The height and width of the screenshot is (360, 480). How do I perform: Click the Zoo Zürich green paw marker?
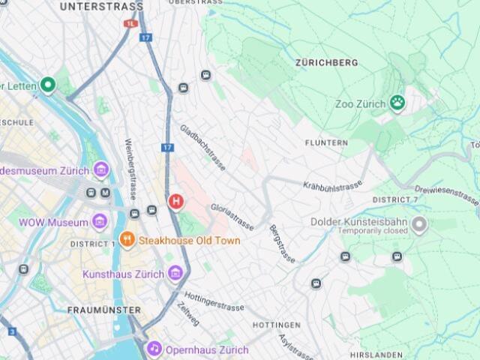pos(397,103)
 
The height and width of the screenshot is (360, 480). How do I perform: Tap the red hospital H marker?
pos(175,201)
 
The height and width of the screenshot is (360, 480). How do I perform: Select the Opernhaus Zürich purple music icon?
pos(154,349)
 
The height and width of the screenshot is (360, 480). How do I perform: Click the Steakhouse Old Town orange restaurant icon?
pos(127,240)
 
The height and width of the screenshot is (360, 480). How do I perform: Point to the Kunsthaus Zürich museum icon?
pos(175,274)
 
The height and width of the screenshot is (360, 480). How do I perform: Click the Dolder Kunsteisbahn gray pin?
pos(419,223)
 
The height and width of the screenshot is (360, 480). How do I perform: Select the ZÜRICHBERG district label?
pos(326,63)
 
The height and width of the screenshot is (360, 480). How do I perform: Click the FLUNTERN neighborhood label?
pos(326,142)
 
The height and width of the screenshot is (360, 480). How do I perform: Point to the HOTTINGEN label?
pos(276,325)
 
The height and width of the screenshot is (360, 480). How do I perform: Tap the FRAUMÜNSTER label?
pos(103,310)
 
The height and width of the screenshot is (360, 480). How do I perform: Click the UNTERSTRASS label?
pos(101,7)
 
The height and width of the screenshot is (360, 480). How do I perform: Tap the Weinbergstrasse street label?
pos(130,169)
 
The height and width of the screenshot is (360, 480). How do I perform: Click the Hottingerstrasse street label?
pos(214,301)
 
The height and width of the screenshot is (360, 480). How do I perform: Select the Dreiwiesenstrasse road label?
pos(446,194)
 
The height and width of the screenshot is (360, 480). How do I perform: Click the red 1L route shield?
pos(131,24)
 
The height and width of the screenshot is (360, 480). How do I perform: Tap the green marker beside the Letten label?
pos(49,85)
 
